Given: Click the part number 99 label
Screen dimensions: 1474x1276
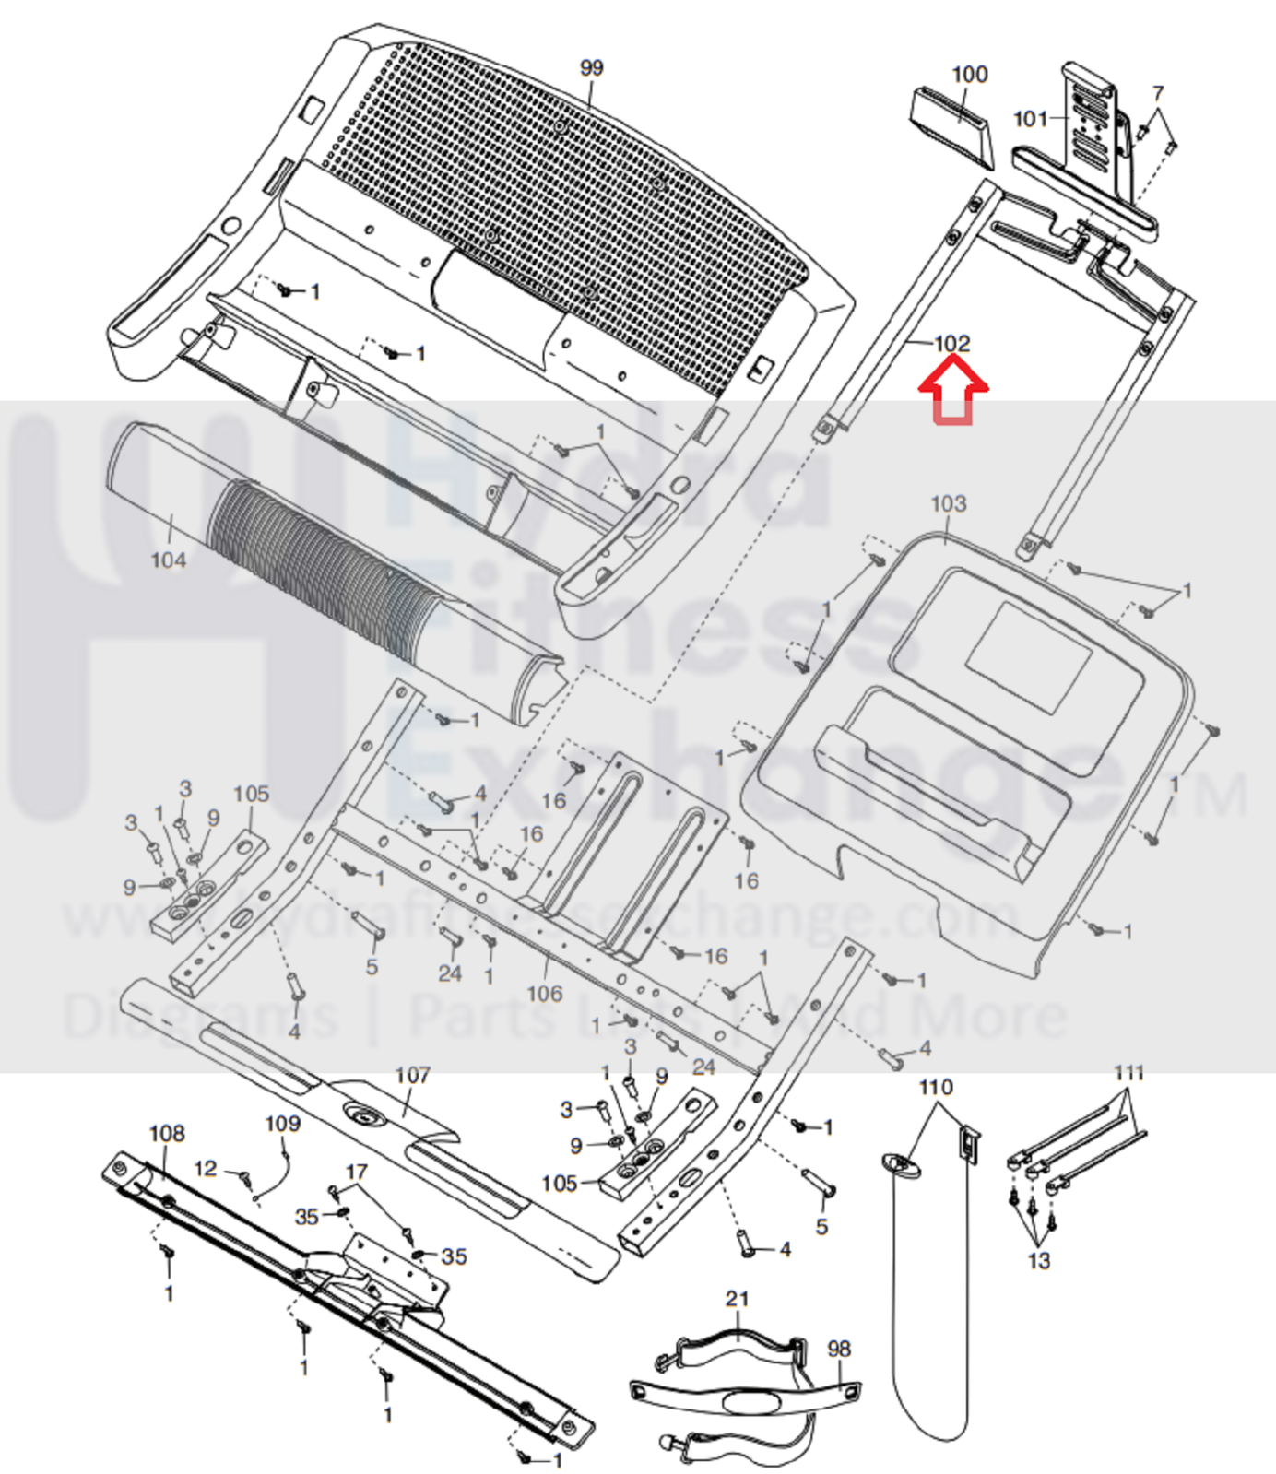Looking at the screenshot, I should pos(591,67).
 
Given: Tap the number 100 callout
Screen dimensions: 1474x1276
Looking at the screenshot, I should pos(969,74).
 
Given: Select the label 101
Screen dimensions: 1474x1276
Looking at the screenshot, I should pos(1030,118).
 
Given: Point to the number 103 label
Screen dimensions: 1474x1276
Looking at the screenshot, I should pos(948,503).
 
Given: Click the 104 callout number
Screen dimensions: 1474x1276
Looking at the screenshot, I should pos(168,560).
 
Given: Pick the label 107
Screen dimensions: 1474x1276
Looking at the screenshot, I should pos(412,1075).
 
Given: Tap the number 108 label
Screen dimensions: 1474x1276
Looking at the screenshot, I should pos(167,1133).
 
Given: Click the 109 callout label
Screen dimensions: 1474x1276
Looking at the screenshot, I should pos(282,1123).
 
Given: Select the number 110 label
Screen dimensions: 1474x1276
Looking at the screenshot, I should pos(935,1087).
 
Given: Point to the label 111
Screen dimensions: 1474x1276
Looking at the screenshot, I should pos(1128,1072).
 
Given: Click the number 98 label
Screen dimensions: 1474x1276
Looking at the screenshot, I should pos(838,1349).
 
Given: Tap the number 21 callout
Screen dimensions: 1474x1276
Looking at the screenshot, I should pos(737,1298).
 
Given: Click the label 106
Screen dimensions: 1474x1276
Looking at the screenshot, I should pos(544,993).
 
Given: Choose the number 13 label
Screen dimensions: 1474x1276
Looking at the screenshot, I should pos(1038,1260).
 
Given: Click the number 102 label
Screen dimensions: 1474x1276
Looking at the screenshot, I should pos(952,344).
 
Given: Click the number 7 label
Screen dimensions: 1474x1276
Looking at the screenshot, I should pos(1158,93).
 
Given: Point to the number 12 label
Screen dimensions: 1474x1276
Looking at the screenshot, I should pos(206,1168).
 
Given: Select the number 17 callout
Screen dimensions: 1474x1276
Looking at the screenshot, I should pos(356,1172).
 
